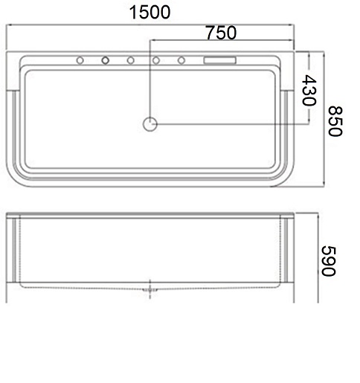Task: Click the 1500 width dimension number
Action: [150, 13]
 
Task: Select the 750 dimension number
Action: [221, 33]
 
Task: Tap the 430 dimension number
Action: [309, 90]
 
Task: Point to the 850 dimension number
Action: [335, 121]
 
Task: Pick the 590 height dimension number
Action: [329, 261]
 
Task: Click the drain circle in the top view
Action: [150, 124]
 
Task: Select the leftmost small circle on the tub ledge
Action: [80, 60]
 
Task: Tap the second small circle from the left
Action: [106, 60]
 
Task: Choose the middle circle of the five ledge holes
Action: [131, 60]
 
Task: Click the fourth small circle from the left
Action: [156, 60]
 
